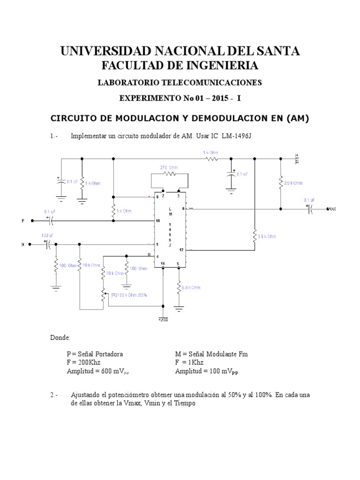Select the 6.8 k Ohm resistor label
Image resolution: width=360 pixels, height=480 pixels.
[190, 287]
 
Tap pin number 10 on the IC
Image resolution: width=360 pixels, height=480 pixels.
[158, 220]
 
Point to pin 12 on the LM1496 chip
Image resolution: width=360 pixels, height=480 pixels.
[181, 250]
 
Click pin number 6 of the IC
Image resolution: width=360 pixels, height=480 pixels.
[183, 209]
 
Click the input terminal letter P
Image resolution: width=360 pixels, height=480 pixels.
[23, 220]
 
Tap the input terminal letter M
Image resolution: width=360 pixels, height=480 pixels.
[23, 244]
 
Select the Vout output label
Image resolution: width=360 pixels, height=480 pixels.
[332, 209]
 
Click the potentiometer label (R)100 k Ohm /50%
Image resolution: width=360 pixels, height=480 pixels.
[129, 294]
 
